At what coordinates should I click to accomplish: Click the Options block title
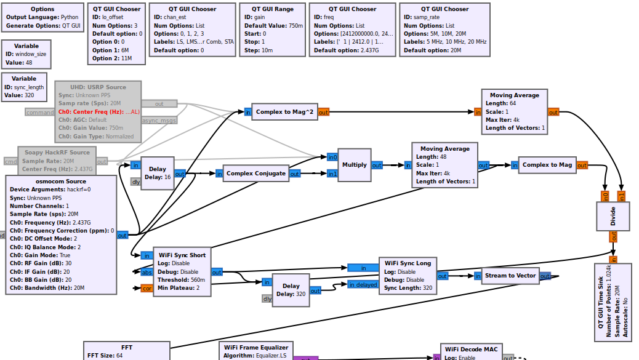[42, 9]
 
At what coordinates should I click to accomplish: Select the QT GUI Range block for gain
[272, 30]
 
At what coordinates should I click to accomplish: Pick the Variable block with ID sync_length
[24, 87]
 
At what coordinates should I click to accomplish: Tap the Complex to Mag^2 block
[284, 112]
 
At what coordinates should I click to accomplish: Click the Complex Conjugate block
[255, 174]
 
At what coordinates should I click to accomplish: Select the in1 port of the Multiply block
[332, 174]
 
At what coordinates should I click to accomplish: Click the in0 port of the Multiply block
[332, 158]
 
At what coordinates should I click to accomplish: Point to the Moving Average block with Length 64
[514, 111]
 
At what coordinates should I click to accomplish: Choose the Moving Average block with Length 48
[444, 165]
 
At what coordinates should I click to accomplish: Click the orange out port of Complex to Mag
[582, 165]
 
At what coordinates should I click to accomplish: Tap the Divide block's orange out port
[613, 237]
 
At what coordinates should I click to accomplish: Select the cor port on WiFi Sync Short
[147, 288]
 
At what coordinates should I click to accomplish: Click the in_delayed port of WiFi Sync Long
[363, 284]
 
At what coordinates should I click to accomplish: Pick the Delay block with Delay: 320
[291, 289]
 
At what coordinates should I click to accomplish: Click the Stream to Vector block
[510, 276]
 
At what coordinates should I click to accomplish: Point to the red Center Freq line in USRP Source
[98, 112]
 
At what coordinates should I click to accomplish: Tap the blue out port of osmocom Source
[122, 235]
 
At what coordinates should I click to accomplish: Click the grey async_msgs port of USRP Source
[159, 121]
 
